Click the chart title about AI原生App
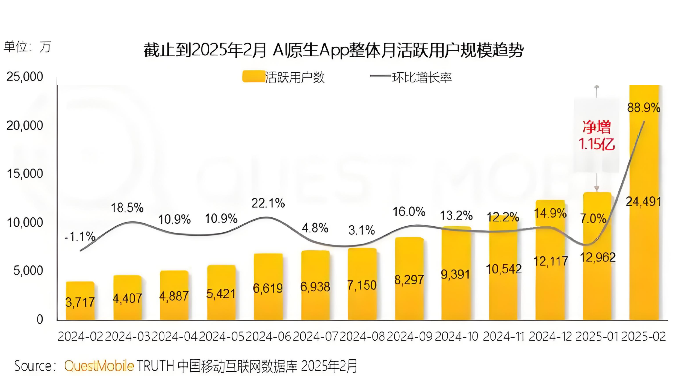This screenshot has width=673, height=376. [333, 50]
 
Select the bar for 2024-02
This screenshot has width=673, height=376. [80, 300]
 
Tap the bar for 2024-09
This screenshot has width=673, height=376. [409, 279]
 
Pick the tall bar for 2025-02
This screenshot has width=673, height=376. [644, 246]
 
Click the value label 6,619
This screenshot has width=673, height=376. [268, 288]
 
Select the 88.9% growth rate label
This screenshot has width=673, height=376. [644, 108]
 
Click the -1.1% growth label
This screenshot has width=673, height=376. [80, 236]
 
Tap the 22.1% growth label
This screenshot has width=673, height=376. [268, 203]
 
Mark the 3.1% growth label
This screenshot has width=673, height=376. [362, 230]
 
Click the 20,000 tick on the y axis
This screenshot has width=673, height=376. [25, 126]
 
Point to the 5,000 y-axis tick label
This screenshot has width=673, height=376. [28, 271]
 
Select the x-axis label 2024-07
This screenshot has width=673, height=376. [315, 336]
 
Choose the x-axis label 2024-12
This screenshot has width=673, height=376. [550, 336]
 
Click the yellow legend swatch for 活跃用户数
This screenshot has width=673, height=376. [253, 76]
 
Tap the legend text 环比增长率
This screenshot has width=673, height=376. [422, 78]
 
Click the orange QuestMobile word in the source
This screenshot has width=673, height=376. [99, 366]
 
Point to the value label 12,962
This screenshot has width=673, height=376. [598, 257]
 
